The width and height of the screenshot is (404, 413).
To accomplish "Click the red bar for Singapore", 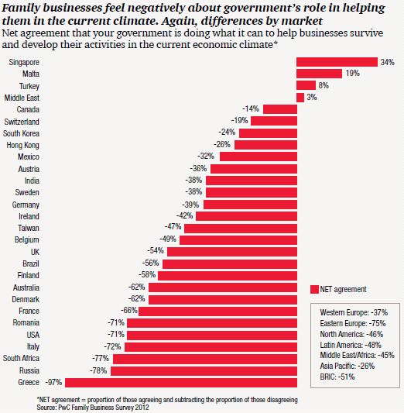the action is tap(337, 62).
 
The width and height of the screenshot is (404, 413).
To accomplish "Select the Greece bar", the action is tap(181, 383).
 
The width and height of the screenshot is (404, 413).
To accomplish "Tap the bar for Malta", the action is tap(320, 74).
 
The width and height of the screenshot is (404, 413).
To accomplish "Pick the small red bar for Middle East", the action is tap(300, 98).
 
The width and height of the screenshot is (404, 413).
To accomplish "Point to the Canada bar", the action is tap(280, 109).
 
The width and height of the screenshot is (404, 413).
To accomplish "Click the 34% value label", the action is tap(388, 62).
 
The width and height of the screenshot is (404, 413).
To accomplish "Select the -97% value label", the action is tap(53, 382).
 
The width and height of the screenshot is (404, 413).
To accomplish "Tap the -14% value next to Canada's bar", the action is tap(251, 108).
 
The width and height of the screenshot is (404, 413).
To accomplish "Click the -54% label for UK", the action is tap(156, 250).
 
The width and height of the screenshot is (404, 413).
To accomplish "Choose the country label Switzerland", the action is tap(22, 122).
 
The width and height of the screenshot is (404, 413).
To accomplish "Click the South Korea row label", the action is tap(22, 133).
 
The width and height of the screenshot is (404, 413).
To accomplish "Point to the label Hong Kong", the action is tap(23, 145).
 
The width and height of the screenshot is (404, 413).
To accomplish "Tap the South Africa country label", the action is tap(22, 358).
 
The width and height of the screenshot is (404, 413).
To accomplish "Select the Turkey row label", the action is tap(29, 86).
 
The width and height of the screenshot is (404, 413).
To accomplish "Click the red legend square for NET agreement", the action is tap(314, 289).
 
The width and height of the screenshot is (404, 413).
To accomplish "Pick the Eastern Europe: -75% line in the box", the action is tap(353, 323).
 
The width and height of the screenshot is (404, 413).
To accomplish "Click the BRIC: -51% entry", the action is tap(337, 377).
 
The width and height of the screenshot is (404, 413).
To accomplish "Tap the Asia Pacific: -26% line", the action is tap(348, 366).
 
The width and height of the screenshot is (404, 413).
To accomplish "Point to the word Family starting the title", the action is tap(21, 9).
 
